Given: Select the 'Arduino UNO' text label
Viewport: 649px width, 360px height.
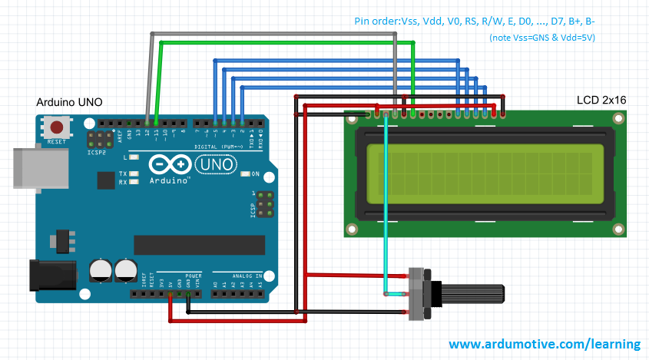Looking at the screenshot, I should pyautogui.click(x=69, y=102).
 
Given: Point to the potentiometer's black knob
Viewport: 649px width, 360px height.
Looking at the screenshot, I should pyautogui.click(x=472, y=294).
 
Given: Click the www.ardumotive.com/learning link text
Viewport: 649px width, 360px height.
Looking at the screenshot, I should pyautogui.click(x=545, y=344).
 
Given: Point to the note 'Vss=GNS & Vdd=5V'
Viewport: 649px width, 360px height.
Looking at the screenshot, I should pyautogui.click(x=542, y=38).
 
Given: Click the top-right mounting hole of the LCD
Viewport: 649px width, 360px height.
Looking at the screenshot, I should pyautogui.click(x=618, y=117).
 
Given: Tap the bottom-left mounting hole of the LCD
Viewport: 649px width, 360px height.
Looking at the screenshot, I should pyautogui.click(x=353, y=229).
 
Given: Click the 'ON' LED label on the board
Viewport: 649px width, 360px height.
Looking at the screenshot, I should pyautogui.click(x=255, y=173).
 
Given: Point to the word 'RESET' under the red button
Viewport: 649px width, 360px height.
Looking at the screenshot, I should pyautogui.click(x=56, y=142).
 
